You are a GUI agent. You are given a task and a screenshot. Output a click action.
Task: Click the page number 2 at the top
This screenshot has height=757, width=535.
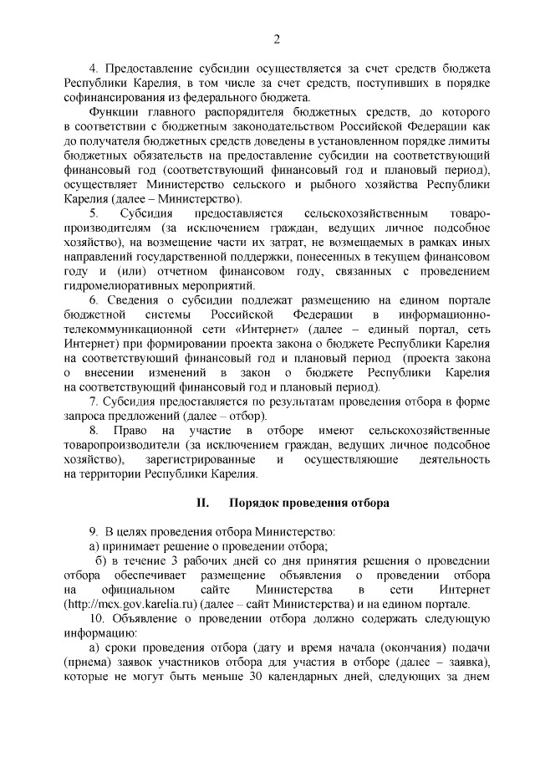click(275, 38)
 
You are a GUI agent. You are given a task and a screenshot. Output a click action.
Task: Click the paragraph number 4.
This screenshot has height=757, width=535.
click(94, 66)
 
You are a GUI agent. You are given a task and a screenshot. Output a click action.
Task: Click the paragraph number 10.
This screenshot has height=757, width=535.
click(97, 621)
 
